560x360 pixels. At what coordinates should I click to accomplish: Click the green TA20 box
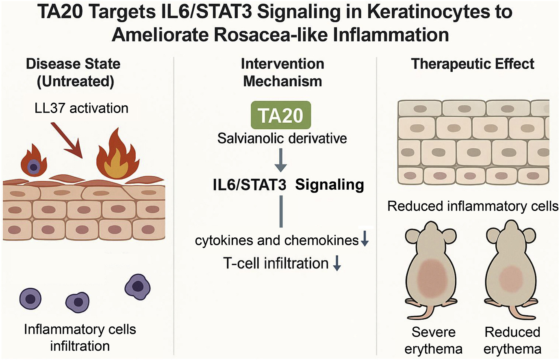tap(281, 115)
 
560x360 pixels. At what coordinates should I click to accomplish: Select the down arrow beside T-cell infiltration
tap(337, 264)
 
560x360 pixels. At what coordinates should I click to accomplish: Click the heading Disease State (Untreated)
tap(74, 72)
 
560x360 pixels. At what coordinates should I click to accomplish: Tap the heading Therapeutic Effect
tap(472, 64)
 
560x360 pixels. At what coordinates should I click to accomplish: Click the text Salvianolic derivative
tap(282, 139)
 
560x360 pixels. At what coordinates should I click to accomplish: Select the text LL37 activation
tap(81, 108)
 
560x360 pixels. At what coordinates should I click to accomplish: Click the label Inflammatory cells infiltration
tap(80, 337)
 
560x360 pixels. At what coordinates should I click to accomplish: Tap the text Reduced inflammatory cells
tap(472, 206)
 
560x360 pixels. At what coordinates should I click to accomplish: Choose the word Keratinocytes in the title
tap(421, 12)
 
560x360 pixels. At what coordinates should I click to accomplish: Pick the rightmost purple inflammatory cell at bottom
tap(138, 286)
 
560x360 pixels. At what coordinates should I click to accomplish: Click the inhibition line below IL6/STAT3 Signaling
tap(281, 211)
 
